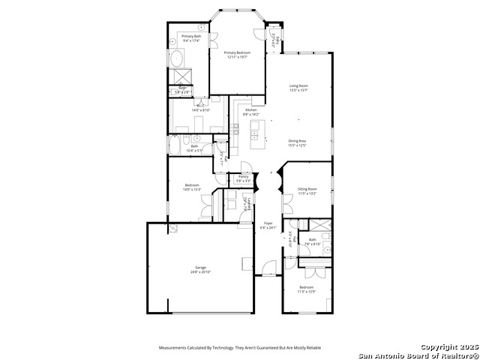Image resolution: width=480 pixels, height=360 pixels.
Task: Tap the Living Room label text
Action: pyautogui.click(x=298, y=86)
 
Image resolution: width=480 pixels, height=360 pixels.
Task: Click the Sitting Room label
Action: pyautogui.click(x=307, y=190)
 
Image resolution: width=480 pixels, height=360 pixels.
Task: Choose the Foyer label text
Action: pyautogui.click(x=268, y=224)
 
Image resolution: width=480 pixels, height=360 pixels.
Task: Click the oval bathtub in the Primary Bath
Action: pyautogui.click(x=178, y=59)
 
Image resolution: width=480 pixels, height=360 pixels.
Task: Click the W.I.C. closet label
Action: pyautogui.click(x=190, y=108)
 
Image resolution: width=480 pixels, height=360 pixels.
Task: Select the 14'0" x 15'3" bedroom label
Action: pyautogui.click(x=191, y=187)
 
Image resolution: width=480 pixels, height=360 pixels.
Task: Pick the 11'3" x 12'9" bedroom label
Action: pyautogui.click(x=307, y=289)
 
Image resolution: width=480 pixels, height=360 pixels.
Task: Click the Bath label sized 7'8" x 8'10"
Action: pyautogui.click(x=312, y=241)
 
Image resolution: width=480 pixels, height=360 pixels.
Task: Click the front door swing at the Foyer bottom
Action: pyautogui.click(x=268, y=267)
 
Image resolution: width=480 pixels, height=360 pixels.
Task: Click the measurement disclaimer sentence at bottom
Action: pyautogui.click(x=239, y=347)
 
